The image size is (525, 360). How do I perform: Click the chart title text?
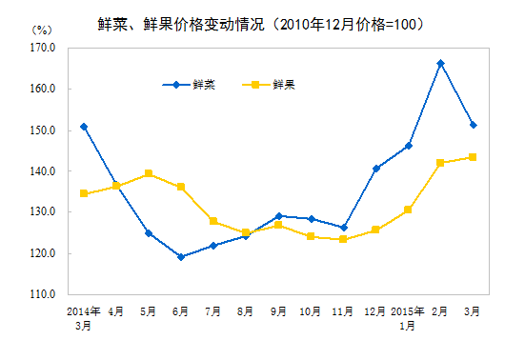tap(261, 21)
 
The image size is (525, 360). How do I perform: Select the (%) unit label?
tap(41, 30)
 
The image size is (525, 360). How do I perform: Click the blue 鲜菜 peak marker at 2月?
tap(440, 63)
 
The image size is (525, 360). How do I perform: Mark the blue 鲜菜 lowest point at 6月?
tap(181, 257)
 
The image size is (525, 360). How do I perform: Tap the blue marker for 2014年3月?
tap(84, 126)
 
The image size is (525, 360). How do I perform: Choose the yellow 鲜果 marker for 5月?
tap(149, 173)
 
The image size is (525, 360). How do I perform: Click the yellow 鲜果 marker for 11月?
tap(343, 239)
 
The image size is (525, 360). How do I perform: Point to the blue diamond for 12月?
tap(375, 169)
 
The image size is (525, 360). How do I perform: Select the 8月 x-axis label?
tap(246, 310)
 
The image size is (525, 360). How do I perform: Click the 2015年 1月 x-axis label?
tap(408, 317)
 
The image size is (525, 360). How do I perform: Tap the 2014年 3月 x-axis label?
tap(84, 317)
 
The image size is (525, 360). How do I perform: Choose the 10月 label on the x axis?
tap(311, 310)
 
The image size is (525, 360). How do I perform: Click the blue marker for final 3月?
tap(473, 125)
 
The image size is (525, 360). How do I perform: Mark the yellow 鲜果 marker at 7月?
tap(213, 221)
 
